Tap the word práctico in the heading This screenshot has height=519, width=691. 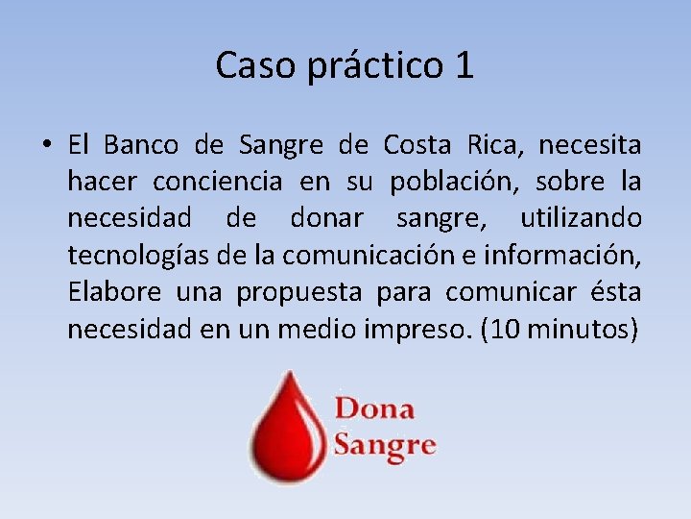pos(376,65)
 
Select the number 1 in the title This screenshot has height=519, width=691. pos(464,65)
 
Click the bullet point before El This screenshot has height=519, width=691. pos(45,146)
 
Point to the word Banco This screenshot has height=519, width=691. pos(141,145)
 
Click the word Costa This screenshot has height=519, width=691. pos(417,145)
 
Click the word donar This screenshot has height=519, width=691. pos(326,218)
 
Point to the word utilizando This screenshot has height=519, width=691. pos(582,219)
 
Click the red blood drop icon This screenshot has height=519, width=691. pos(285,424)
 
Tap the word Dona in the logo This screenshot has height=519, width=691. pos(374,408)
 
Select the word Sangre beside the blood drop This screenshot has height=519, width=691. pos(385,445)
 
